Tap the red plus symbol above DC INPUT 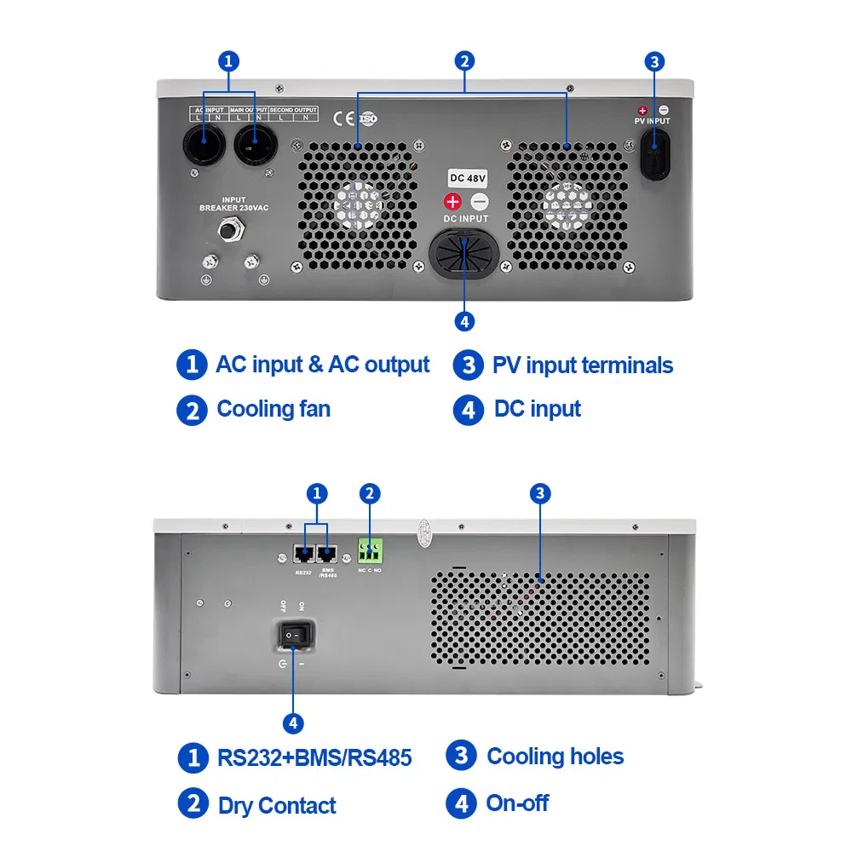click(452, 201)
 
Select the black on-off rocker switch click(296, 636)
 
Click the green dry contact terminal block click(369, 548)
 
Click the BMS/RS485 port click(327, 555)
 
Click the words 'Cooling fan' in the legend click(273, 409)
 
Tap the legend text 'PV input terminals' click(582, 366)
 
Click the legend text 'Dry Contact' click(277, 805)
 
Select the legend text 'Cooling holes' click(555, 757)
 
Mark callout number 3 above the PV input click(653, 61)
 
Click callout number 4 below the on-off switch click(292, 723)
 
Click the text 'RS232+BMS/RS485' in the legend click(314, 757)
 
